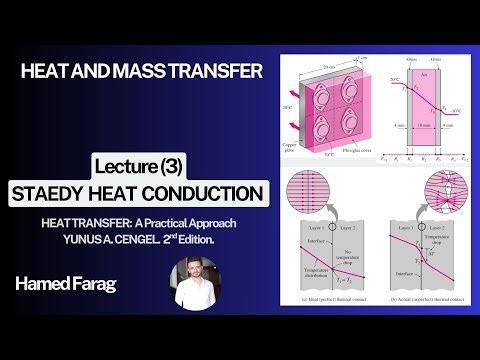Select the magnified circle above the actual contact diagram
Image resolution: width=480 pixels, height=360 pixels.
[440, 191]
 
